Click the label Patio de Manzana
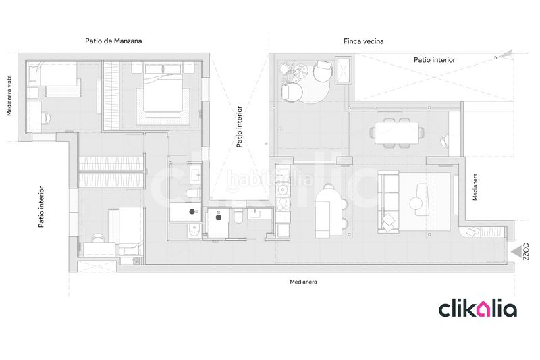(x=113, y=41)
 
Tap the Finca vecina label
(x=363, y=41)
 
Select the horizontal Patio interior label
(x=434, y=60)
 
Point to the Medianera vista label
(x=9, y=96)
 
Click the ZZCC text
(x=526, y=251)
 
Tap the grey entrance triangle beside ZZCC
(x=516, y=252)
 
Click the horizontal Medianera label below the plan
(x=303, y=282)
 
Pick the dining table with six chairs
(x=397, y=132)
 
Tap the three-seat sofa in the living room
(x=389, y=201)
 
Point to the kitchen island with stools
(x=330, y=212)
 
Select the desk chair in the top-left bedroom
(x=47, y=118)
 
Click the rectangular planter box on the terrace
(x=344, y=71)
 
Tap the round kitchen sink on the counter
(x=283, y=190)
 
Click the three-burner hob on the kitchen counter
(x=283, y=203)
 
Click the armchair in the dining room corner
(x=445, y=141)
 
